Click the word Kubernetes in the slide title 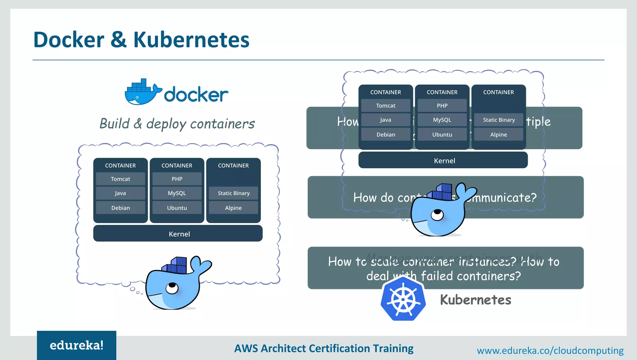(191, 40)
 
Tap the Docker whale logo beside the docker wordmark (142, 93)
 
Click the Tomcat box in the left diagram (120, 179)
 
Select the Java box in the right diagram (385, 120)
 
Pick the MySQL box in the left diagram (177, 193)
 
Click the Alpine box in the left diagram (233, 208)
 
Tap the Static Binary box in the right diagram (499, 120)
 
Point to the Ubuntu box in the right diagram (442, 134)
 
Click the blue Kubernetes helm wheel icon (403, 299)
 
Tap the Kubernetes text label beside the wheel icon (475, 300)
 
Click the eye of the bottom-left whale (172, 288)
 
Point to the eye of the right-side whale (437, 214)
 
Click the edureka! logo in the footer (77, 345)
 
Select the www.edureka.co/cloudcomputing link (550, 351)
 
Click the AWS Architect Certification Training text (323, 348)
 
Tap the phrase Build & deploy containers (177, 124)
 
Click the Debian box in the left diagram (120, 208)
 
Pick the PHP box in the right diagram (442, 105)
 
